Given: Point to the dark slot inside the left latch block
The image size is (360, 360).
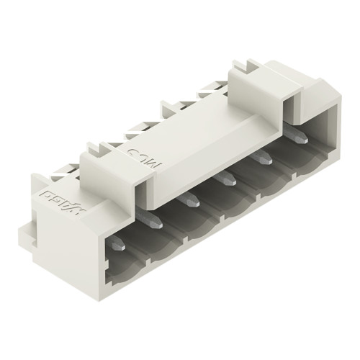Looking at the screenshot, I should click(143, 193).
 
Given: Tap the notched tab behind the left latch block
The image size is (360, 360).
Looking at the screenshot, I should click(94, 147).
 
